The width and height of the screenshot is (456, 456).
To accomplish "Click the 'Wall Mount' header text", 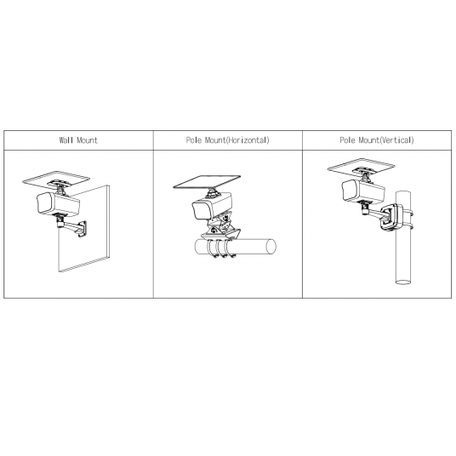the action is pyautogui.click(x=78, y=140).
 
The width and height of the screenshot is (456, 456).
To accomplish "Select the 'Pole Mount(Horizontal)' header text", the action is pyautogui.click(x=228, y=140).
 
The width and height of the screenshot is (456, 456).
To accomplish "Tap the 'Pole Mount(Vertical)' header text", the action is pyautogui.click(x=377, y=140).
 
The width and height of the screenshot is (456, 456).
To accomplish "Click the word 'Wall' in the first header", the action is pyautogui.click(x=66, y=140).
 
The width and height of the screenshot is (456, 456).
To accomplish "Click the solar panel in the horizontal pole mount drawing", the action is pyautogui.click(x=207, y=182).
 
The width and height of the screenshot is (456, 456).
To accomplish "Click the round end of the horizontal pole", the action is pyautogui.click(x=271, y=247).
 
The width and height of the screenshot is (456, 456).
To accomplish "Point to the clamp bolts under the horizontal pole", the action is pyautogui.click(x=224, y=256).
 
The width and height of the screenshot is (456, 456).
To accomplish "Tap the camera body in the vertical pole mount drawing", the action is pyautogui.click(x=363, y=191).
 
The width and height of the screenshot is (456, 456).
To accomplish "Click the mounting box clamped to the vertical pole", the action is pyautogui.click(x=391, y=218).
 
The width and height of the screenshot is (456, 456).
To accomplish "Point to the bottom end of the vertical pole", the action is pyautogui.click(x=403, y=282).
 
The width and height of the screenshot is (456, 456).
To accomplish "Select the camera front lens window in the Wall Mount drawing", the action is pyautogui.click(x=44, y=203).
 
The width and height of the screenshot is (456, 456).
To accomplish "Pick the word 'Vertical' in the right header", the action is pyautogui.click(x=396, y=140).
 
